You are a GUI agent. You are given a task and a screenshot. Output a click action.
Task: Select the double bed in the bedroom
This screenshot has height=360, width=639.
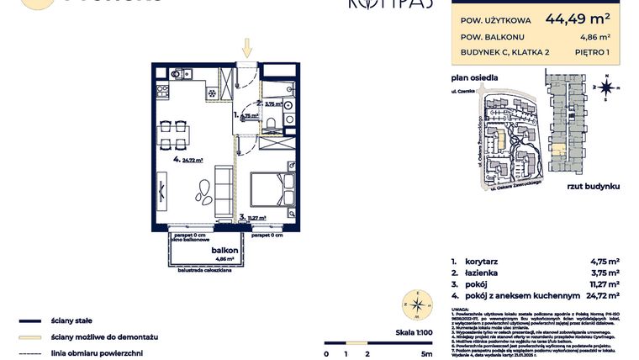click(270, 191)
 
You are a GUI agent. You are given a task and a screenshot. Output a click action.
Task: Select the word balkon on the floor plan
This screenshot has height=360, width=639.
click(223, 251)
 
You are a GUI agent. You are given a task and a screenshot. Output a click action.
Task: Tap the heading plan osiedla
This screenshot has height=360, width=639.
click(474, 77)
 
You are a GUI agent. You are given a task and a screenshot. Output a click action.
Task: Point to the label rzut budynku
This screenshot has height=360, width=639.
click(594, 185)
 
